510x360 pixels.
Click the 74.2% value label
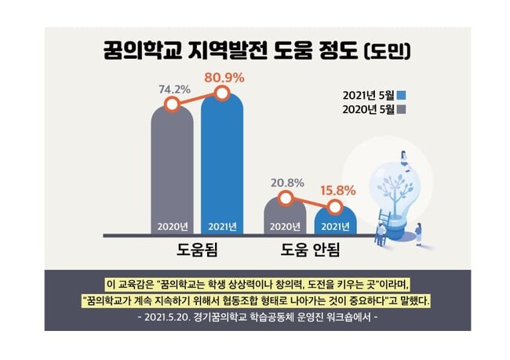click(175, 89)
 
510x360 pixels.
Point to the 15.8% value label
click(337, 191)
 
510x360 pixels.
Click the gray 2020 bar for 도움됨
click(172, 173)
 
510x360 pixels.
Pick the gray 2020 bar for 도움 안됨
click(285, 217)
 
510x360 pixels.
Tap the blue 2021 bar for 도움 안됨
click(336, 221)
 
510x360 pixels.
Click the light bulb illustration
click(394, 192)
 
